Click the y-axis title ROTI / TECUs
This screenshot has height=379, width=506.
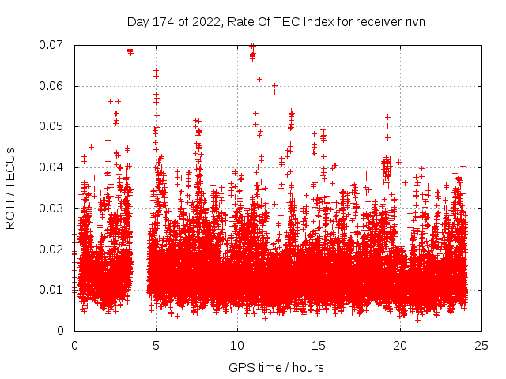[10, 187]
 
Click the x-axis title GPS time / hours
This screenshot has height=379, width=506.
[276, 367]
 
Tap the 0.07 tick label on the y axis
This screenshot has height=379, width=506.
[54, 45]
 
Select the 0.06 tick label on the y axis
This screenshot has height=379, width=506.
[54, 86]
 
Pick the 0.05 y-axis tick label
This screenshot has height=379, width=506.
[54, 126]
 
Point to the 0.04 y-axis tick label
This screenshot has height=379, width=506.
[54, 167]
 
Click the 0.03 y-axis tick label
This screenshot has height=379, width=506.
[54, 208]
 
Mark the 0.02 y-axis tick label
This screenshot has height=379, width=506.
[54, 249]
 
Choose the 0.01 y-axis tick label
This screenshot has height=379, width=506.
[54, 290]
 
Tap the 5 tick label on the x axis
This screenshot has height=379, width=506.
[156, 346]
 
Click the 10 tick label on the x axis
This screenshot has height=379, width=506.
[237, 346]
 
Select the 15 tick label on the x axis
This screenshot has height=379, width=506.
[319, 346]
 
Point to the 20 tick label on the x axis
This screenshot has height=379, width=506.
[400, 346]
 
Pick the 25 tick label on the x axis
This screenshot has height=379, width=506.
[481, 346]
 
